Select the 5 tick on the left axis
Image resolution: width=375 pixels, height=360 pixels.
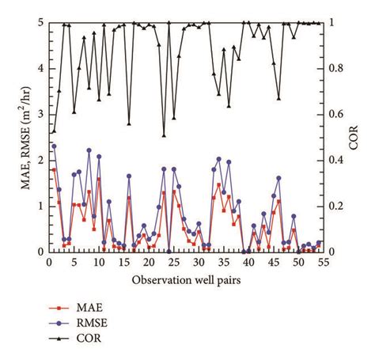point(40,23)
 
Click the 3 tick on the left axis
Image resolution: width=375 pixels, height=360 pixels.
point(40,115)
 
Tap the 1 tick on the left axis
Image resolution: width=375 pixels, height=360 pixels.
point(40,207)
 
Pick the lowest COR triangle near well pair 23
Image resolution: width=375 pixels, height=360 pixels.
point(164,135)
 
